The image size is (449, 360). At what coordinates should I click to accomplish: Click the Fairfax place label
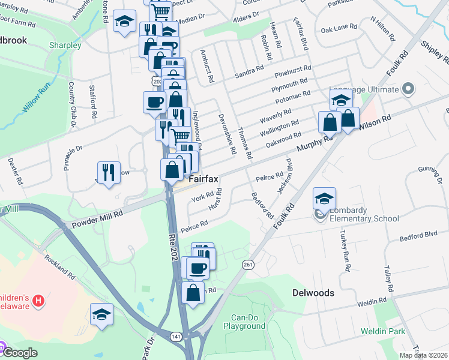[203, 179]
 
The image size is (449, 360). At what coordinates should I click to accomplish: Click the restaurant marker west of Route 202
[109, 172]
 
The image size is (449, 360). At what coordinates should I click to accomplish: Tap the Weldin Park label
[382, 331]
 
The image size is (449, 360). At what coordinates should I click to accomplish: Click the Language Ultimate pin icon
[409, 89]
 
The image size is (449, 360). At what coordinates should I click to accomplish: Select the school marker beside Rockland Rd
[101, 314]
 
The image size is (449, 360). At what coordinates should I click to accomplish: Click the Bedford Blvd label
[421, 236]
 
